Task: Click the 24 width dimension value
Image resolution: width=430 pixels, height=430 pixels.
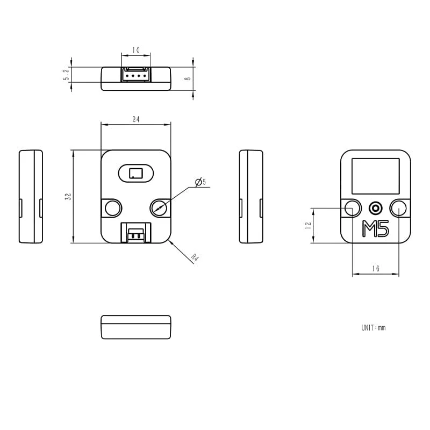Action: point(136,119)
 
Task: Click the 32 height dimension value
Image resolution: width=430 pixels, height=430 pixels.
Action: point(68,196)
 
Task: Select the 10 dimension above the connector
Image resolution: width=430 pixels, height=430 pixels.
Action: point(136,50)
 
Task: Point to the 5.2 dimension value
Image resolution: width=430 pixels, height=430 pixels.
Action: point(66,75)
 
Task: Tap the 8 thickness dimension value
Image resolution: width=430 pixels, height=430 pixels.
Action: point(188,78)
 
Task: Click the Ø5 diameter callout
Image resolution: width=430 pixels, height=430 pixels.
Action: point(200,182)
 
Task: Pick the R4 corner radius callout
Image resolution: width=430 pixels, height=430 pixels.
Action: point(195,257)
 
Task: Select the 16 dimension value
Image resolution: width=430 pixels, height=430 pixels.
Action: point(375,269)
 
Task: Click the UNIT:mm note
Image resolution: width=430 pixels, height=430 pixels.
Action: point(374,327)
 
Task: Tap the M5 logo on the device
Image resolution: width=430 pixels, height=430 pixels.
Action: point(376,229)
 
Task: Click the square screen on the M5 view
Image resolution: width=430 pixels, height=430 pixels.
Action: point(376,176)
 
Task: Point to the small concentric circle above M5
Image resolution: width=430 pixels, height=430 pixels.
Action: point(376,207)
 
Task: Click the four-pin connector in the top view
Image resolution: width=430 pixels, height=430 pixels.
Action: point(135,75)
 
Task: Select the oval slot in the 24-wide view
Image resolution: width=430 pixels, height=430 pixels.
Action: point(135,173)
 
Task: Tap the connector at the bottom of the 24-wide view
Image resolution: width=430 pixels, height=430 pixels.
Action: point(135,233)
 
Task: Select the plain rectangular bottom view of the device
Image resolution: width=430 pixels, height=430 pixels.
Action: point(136,327)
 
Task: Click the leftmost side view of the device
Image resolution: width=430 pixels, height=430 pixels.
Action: point(31,196)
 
